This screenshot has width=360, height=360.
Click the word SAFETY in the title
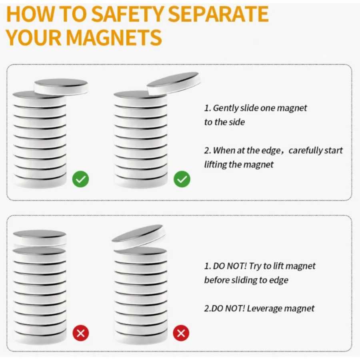point(128,14)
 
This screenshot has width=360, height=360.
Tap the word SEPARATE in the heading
point(218,14)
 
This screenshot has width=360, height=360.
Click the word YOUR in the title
point(34,38)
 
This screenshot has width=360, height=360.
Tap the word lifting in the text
point(215,165)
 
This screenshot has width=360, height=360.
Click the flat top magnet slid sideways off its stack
point(61,86)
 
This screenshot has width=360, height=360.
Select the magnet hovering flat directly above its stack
point(40,238)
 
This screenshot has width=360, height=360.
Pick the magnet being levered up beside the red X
point(139,236)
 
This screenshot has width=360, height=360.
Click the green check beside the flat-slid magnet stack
point(80,179)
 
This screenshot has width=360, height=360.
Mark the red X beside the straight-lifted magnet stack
point(80,333)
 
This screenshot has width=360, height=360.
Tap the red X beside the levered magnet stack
point(181,333)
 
